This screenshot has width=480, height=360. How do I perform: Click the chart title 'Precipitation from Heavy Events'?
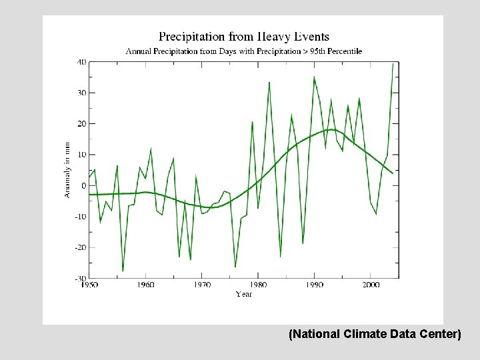coord(243,37)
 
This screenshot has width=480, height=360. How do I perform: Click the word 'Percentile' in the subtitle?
coord(340,51)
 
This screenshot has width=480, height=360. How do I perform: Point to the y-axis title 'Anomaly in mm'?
coord(67,169)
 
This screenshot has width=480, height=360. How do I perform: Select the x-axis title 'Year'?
coord(243,294)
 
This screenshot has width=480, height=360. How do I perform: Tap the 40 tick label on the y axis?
coord(81,62)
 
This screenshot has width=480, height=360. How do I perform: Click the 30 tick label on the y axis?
coord(81,93)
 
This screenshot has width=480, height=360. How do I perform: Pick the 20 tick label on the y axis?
coord(81,124)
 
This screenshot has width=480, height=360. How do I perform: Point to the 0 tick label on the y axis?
coord(83,185)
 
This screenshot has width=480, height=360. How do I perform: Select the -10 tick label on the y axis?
coord(79,217)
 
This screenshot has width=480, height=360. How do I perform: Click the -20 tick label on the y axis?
coord(79,247)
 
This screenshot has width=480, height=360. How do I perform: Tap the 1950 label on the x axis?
coord(89,285)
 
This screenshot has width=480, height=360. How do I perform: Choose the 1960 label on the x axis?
coord(145,285)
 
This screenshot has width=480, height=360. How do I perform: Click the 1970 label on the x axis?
coord(202,285)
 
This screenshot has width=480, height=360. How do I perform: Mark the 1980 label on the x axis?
coord(259,285)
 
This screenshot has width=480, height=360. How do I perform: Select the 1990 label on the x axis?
coord(315,285)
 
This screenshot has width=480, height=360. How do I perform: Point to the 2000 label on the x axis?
coord(371,285)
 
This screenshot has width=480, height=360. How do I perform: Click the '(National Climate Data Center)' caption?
coord(374,334)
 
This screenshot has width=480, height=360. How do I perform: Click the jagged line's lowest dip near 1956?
coord(123,271)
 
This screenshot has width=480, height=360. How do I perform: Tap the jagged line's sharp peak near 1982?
coord(269,83)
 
